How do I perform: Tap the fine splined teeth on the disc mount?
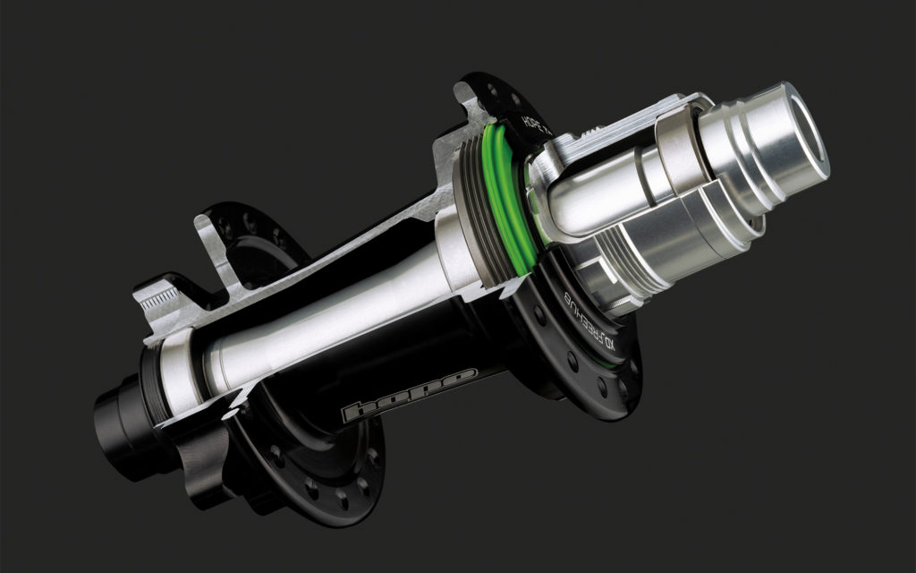click(x=162, y=295)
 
